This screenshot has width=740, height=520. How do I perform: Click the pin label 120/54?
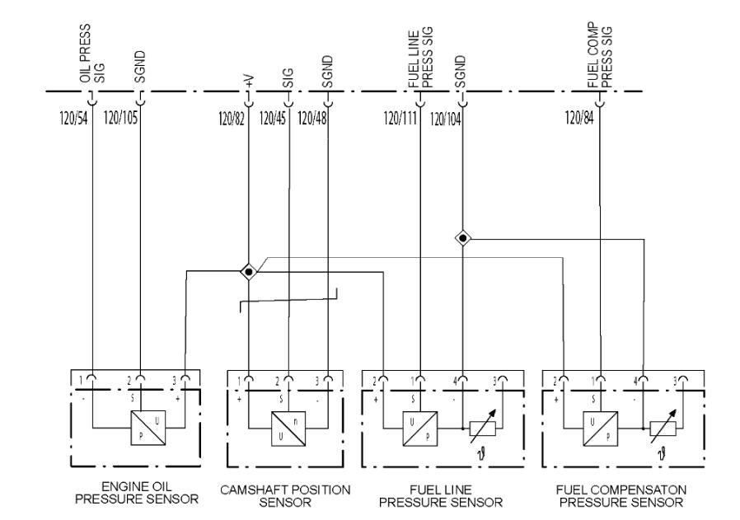[73, 118]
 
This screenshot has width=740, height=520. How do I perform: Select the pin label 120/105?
[120, 118]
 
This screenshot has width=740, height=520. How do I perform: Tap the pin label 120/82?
[232, 119]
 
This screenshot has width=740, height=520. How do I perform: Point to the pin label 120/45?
[272, 119]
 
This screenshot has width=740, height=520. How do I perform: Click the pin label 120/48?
[312, 119]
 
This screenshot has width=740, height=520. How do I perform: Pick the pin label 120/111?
[400, 118]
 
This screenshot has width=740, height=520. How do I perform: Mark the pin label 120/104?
[445, 119]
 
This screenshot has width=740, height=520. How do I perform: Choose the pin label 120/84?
[579, 118]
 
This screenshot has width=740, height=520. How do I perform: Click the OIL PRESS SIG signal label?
[92, 54]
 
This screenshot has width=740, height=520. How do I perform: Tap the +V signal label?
[249, 81]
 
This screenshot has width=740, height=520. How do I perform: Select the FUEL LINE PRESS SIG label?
[420, 59]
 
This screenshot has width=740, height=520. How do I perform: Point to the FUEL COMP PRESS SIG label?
[600, 55]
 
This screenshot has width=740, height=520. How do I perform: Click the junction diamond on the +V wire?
[249, 272]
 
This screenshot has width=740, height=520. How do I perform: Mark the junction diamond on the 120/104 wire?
[462, 238]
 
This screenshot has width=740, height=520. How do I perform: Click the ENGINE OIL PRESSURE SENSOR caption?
[137, 493]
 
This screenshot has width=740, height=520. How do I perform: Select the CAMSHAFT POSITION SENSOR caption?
[285, 496]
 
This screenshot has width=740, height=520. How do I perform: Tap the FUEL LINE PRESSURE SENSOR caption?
[441, 496]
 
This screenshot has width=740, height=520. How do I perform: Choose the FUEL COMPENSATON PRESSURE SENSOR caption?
[621, 496]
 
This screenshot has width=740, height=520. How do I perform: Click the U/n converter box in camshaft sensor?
[288, 429]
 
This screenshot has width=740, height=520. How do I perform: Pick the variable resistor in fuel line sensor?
[483, 427]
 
